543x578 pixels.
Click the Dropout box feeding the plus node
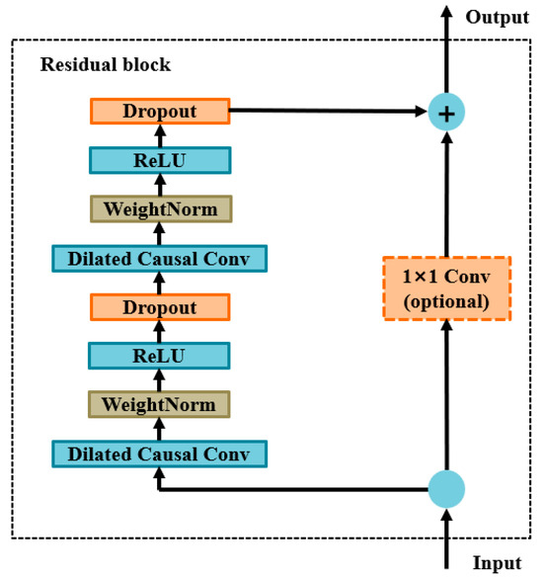point(159,112)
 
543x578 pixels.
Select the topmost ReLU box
point(159,160)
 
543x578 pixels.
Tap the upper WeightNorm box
point(159,208)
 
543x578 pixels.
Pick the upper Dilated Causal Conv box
point(159,258)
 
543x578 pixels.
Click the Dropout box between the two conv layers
point(159,306)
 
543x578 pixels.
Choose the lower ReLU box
point(159,355)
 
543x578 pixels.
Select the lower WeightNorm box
point(159,404)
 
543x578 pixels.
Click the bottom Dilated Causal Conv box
point(159,454)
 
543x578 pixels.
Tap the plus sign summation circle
point(446,114)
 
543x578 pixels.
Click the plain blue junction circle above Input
point(446,488)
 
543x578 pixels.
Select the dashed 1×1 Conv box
point(446,288)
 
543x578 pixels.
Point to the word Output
point(498,17)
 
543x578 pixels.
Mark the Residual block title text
point(105,65)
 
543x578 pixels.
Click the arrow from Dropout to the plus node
point(326,113)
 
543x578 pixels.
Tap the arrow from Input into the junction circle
point(446,538)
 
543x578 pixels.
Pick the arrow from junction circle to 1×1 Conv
point(446,395)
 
